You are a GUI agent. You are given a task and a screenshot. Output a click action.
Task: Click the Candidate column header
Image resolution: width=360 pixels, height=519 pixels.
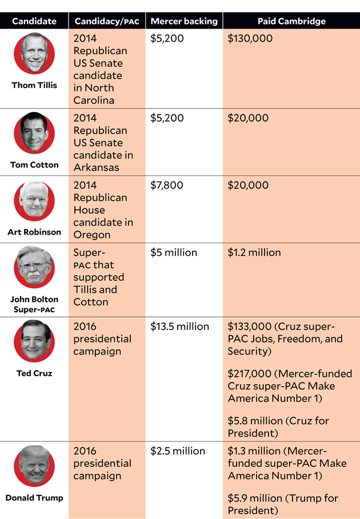34,22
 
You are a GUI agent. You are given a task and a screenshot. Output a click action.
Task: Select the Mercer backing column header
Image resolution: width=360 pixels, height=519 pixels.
184,22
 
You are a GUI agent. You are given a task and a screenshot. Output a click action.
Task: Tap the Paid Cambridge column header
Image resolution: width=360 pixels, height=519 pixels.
291,22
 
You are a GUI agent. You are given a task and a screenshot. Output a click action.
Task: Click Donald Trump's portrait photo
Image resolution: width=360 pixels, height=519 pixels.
34,466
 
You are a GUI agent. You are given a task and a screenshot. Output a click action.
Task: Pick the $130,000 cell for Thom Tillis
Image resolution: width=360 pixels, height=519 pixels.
250,39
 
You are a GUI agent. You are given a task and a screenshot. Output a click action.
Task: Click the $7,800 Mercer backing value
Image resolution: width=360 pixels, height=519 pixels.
167,186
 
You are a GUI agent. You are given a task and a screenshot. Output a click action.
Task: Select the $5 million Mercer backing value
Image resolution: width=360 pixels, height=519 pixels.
174,253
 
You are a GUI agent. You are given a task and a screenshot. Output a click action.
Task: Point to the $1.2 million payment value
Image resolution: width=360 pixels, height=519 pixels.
254,253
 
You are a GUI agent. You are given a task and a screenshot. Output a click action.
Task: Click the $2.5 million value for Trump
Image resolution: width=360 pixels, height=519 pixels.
178,451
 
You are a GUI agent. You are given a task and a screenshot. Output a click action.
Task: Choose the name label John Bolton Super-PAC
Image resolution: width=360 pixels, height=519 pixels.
34,304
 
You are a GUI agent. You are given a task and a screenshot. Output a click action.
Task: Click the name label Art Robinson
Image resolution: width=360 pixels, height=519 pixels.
34,232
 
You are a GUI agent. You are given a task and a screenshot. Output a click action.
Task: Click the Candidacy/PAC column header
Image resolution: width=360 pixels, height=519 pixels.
106,22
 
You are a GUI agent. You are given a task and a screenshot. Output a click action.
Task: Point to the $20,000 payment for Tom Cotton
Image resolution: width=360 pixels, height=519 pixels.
248,118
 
